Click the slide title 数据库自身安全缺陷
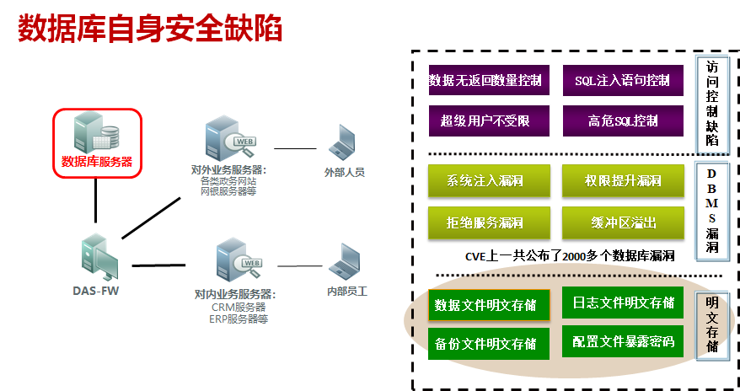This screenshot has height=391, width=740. tap(150, 27)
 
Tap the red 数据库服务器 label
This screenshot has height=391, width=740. tap(97, 162)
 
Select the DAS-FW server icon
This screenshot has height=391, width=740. tap(98, 257)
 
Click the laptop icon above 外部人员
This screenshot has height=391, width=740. tap(344, 144)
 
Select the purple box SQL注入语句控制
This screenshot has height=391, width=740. tap(622, 81)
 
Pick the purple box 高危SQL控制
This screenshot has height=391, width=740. tap(622, 121)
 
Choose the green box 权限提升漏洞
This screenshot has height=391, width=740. tap(622, 180)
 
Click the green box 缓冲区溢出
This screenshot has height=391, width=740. tap(622, 222)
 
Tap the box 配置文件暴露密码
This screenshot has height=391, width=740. tap(622, 342)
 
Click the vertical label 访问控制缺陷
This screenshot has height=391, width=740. tap(712, 103)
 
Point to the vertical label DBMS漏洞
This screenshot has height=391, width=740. tap(712, 211)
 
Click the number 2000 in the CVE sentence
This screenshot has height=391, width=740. tap(574, 255)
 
